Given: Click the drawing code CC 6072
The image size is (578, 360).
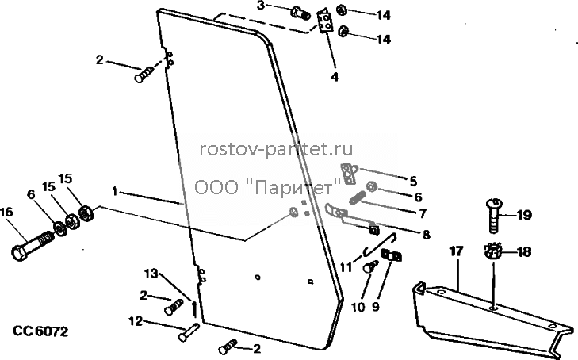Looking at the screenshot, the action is click(40, 331).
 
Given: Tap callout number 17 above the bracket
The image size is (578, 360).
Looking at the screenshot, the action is click(456, 251).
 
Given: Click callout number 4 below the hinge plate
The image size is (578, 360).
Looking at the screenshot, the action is click(335, 78).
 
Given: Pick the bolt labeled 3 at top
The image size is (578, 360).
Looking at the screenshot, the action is click(300, 14).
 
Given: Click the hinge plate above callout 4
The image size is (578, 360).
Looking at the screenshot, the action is click(324, 21).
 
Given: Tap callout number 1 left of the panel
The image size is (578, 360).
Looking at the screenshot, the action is click(115, 192).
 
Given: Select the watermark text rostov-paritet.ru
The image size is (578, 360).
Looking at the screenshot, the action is click(276, 149).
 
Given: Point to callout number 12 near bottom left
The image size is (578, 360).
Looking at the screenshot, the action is click(136, 321).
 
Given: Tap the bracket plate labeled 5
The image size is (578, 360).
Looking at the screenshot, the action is click(349, 173).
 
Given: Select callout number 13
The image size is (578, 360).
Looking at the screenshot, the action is click(151, 274).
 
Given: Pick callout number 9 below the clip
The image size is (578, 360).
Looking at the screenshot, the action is click(375, 307).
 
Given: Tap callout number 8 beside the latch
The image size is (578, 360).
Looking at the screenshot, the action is click(426, 235).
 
